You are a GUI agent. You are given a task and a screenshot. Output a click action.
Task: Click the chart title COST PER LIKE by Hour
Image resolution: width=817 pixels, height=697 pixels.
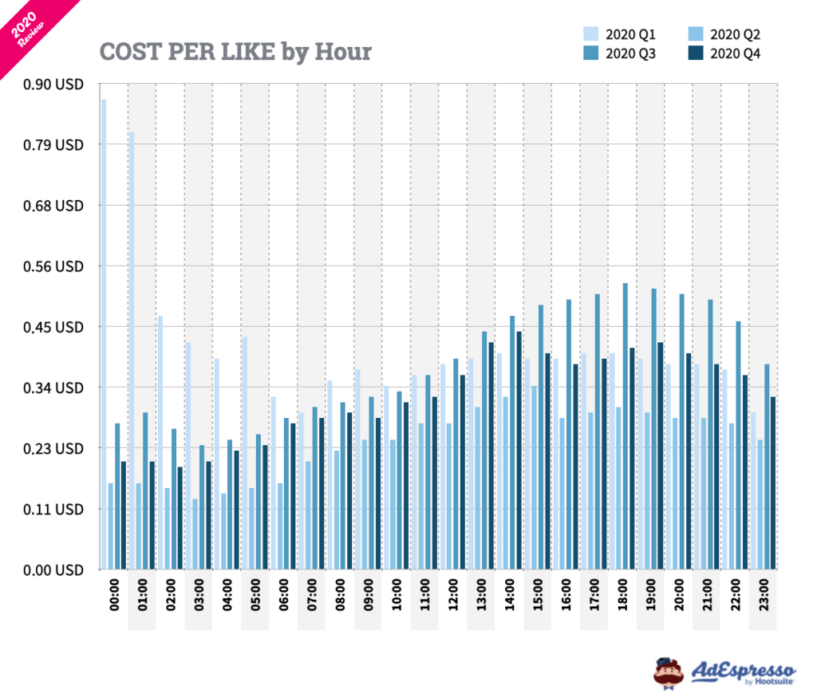[235, 52]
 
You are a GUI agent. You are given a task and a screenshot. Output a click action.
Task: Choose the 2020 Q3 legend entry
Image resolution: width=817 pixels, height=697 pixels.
[622, 54]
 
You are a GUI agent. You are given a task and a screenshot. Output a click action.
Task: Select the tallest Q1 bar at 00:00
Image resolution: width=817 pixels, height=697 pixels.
[104, 335]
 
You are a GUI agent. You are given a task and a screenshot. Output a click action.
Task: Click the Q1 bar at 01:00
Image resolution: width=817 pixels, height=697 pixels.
[132, 351]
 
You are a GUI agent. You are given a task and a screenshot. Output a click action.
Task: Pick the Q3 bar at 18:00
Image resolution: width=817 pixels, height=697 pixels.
[626, 426]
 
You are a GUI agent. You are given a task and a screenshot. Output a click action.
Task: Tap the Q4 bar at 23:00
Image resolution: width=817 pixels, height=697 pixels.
[772, 483]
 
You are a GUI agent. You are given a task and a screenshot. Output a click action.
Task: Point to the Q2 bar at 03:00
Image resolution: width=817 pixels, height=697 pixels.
[194, 534]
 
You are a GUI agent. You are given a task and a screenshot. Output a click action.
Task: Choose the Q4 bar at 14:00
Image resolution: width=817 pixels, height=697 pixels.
[519, 451]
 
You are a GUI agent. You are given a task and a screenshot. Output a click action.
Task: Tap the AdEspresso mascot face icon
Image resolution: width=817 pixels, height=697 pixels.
[668, 671]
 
